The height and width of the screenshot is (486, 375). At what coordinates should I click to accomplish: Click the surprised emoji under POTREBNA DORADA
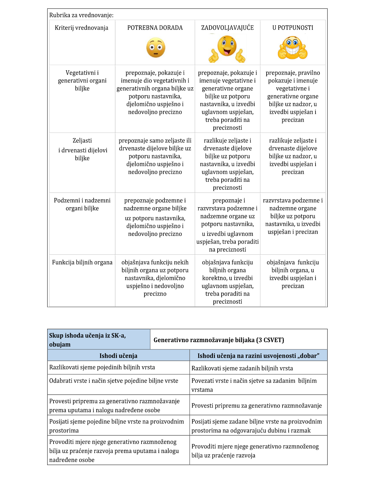click(156, 48)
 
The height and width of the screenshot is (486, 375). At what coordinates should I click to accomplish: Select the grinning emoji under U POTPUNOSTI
click(292, 48)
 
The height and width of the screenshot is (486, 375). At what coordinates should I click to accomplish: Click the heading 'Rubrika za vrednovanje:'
click(81, 15)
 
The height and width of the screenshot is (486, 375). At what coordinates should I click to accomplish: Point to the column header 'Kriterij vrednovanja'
click(81, 28)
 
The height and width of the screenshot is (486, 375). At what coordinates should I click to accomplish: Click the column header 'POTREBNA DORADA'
click(155, 28)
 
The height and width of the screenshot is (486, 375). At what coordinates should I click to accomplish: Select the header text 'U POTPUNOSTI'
click(292, 28)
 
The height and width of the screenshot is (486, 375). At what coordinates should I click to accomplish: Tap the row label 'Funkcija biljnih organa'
click(82, 262)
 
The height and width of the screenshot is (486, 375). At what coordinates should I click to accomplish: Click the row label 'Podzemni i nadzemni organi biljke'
click(82, 204)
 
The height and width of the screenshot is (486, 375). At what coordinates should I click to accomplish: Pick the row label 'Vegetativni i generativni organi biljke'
click(82, 80)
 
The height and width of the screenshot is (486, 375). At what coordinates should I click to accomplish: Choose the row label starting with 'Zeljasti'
click(82, 149)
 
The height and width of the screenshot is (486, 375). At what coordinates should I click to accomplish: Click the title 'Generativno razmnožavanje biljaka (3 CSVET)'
click(219, 340)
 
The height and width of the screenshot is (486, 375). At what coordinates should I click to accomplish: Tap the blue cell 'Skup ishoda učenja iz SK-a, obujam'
click(87, 340)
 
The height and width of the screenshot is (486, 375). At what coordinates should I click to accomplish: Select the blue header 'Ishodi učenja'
click(118, 356)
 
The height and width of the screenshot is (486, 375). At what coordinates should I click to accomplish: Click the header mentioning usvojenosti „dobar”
click(258, 356)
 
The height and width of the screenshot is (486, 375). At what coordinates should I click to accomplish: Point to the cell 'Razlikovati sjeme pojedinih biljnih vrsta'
click(102, 367)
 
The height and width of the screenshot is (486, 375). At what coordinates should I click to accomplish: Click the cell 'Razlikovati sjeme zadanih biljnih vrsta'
click(242, 368)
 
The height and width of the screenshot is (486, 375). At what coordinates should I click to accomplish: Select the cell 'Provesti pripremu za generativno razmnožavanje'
click(256, 405)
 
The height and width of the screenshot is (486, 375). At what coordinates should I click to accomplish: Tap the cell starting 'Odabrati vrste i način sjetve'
click(114, 381)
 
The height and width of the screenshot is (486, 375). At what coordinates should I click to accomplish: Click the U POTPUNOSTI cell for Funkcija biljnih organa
click(292, 274)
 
